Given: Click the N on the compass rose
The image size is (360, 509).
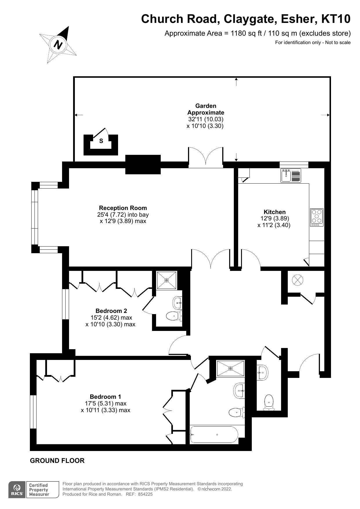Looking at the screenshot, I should point(58,45).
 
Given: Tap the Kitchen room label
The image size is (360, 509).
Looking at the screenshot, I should point(274,212).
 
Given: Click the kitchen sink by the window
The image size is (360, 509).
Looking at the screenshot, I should point(291,175).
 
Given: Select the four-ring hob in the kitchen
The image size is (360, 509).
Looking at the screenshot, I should point(316,217).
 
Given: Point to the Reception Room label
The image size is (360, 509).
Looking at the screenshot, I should point(123,208).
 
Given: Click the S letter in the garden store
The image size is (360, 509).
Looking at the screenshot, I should point(101,141).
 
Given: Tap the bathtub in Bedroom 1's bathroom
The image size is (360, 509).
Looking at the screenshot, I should point(214,434).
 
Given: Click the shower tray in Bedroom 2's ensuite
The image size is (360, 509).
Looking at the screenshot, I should point(167,280).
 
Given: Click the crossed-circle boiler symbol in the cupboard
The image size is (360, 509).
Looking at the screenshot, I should point(297,280).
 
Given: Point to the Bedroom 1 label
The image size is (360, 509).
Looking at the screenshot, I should point(105,397).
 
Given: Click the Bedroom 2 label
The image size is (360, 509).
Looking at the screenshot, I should point(111,311).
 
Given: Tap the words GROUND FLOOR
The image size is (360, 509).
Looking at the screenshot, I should point(57,461).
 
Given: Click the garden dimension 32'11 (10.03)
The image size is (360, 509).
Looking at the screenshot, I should point(206,119).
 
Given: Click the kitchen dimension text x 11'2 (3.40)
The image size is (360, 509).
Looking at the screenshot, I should point(274,225).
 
